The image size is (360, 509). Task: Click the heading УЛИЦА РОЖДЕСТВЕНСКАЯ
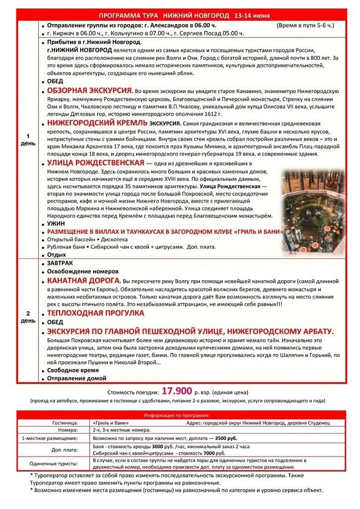[x=95, y=163]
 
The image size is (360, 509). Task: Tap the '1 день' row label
[x=28, y=139]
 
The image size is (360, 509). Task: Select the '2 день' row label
[x=28, y=317]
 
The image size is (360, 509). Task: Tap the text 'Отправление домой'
[x=77, y=378]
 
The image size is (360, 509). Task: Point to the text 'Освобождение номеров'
[x=83, y=271]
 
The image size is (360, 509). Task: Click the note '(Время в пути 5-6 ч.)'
[x=305, y=25]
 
